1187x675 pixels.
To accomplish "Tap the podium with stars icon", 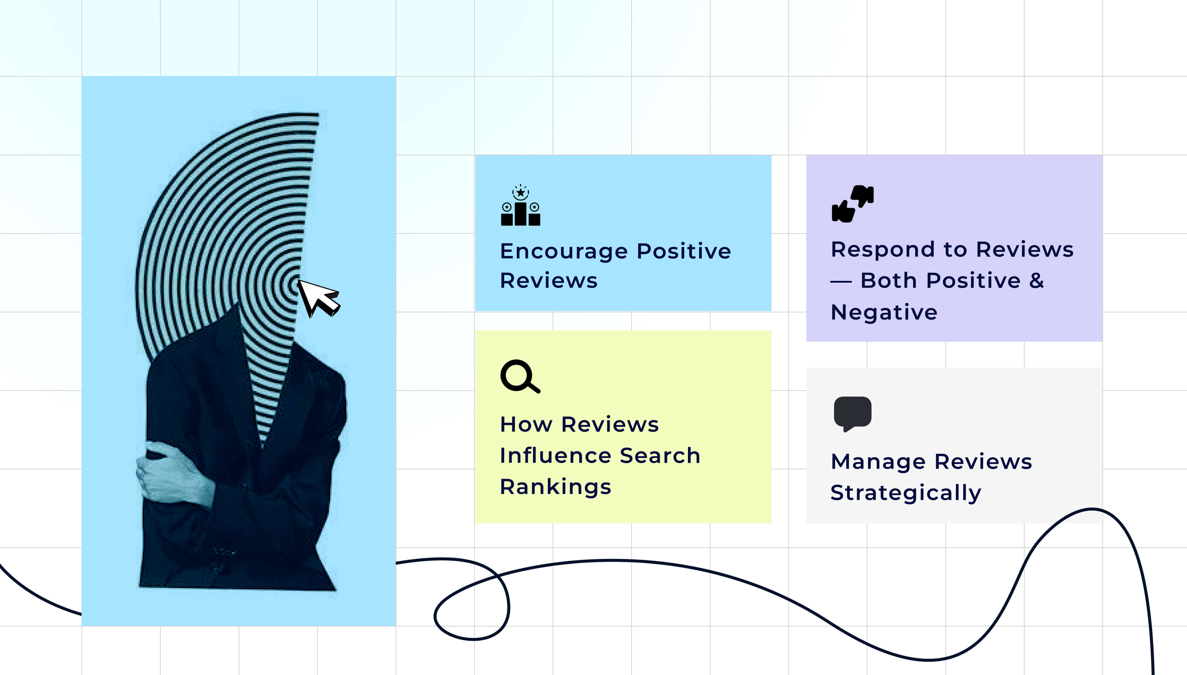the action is (x=520, y=205).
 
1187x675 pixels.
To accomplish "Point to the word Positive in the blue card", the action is (x=684, y=251).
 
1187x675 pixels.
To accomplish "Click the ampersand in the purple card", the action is (x=1036, y=281).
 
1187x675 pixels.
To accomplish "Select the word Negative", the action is (x=884, y=312).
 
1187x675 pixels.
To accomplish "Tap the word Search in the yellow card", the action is (x=660, y=455).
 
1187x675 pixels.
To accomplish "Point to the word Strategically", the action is (x=906, y=492).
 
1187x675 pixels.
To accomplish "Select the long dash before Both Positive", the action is (x=841, y=281).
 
